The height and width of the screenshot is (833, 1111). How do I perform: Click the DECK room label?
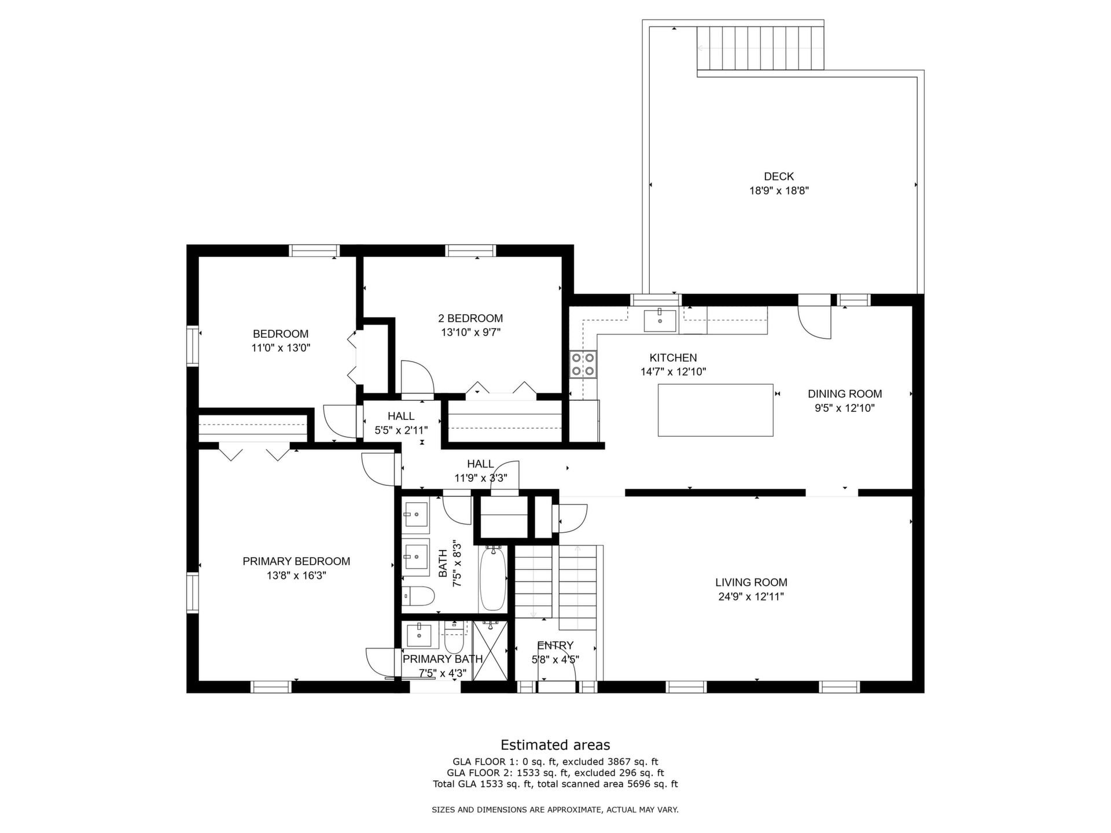pos(779,176)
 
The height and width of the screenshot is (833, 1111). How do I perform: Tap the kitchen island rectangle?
pos(716,410)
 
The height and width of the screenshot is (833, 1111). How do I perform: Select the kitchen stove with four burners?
pos(583,364)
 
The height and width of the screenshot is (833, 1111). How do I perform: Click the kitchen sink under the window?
pos(660,320)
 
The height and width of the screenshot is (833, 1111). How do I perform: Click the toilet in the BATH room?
pos(418,596)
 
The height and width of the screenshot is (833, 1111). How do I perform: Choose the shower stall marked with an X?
pos(490,650)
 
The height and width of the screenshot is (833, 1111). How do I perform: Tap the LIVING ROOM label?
pos(751,583)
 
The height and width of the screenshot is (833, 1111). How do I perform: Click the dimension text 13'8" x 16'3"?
pos(296,576)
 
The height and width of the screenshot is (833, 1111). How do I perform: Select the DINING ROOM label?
pos(845,394)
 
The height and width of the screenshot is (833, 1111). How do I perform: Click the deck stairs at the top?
pos(760,48)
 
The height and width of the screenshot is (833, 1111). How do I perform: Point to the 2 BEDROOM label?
pos(470,318)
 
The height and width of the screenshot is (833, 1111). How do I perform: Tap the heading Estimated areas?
pos(555,745)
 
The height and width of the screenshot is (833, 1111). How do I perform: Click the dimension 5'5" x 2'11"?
pos(401,430)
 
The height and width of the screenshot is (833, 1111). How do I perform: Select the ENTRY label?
pos(555,646)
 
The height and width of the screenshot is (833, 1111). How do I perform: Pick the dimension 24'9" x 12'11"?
pos(751,597)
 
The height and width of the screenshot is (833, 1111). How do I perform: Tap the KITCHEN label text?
pos(673,358)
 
